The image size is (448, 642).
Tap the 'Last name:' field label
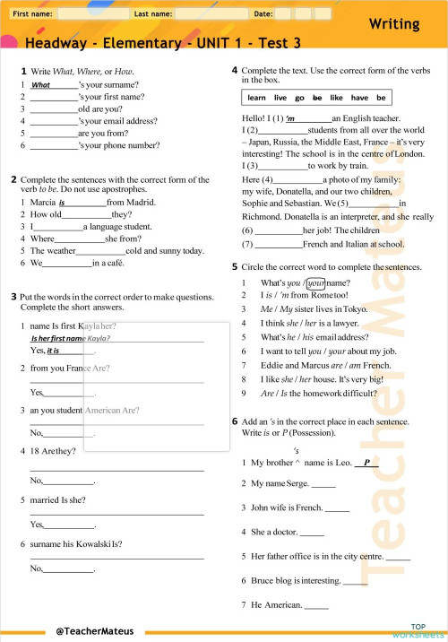click(153, 14)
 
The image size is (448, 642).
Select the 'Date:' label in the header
click(264, 14)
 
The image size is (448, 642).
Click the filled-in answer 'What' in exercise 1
click(41, 85)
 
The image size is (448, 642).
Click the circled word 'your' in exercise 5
click(310, 284)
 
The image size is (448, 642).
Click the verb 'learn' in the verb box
click(257, 97)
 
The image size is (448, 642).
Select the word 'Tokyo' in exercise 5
click(355, 309)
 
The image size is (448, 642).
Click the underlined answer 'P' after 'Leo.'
click(366, 463)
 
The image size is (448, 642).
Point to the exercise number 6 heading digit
click(235, 421)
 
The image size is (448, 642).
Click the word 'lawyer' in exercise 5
click(336, 322)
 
